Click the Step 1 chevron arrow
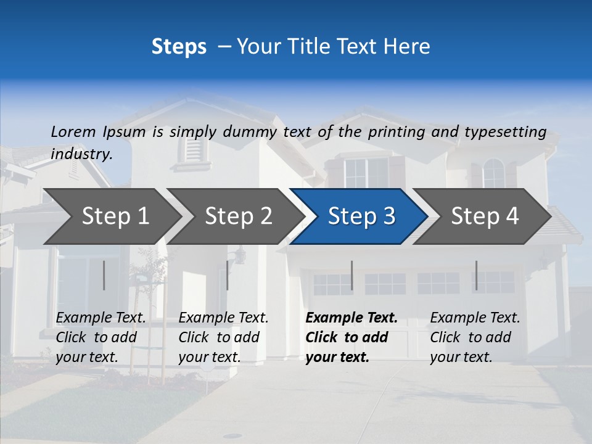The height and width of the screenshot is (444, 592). click(x=115, y=216)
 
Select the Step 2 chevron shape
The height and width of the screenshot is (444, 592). click(x=238, y=216)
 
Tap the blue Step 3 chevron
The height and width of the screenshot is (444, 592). click(x=361, y=216)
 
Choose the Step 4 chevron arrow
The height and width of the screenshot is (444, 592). click(x=485, y=216)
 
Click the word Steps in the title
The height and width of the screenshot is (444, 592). click(x=179, y=47)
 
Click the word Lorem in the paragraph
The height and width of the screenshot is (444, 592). click(x=73, y=131)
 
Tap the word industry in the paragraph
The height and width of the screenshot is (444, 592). click(x=81, y=154)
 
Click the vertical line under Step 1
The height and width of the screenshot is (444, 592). click(x=104, y=275)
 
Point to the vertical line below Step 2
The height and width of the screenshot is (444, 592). click(x=228, y=275)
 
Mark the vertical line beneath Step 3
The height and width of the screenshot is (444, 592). click(x=351, y=275)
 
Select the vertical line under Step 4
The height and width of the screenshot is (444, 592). click(x=476, y=275)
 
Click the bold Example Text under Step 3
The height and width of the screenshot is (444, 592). click(x=351, y=318)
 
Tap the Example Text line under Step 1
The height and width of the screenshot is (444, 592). click(x=101, y=318)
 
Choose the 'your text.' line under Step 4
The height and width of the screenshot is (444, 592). click(x=461, y=357)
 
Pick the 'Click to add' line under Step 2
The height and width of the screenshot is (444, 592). click(x=219, y=337)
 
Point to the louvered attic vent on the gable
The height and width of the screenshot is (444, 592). click(x=194, y=149)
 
